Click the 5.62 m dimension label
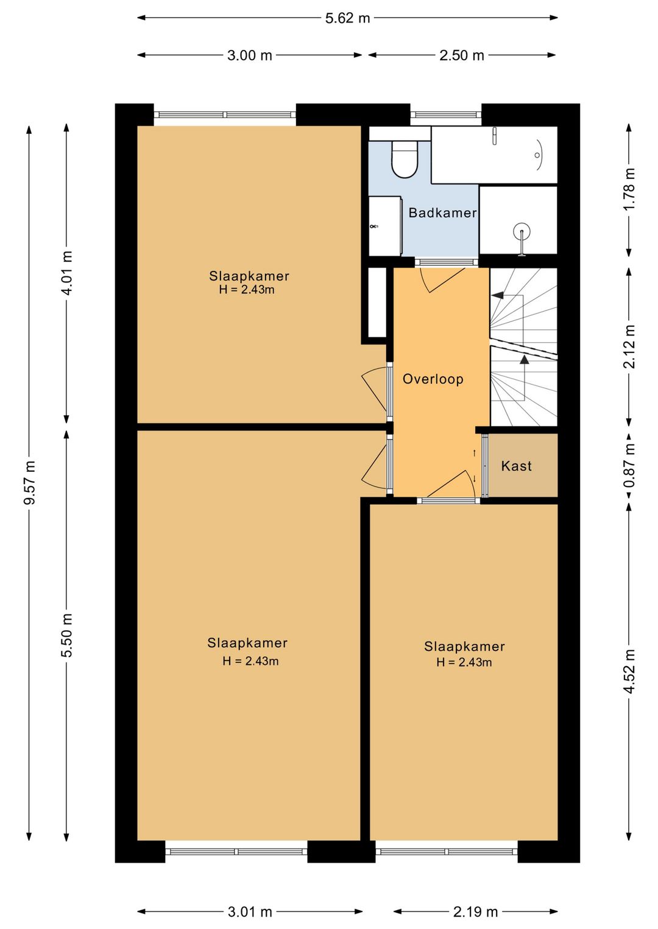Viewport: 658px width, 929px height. pos(347,18)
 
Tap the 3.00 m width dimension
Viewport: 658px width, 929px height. pos(250,55)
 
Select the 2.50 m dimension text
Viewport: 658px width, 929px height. pos(462,55)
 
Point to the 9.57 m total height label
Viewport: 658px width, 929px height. pos(29,482)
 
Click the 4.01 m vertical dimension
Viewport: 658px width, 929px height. pos(67,272)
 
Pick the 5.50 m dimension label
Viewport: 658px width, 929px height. pos(67,635)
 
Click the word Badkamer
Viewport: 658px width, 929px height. pos(442,212)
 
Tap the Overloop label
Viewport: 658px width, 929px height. pos(433,379)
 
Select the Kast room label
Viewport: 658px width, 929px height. pos(516,466)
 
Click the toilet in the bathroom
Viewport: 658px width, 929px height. pos(405,160)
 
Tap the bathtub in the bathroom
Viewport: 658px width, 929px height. pos(494,155)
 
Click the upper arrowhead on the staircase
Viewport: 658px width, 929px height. pos(497,295)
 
